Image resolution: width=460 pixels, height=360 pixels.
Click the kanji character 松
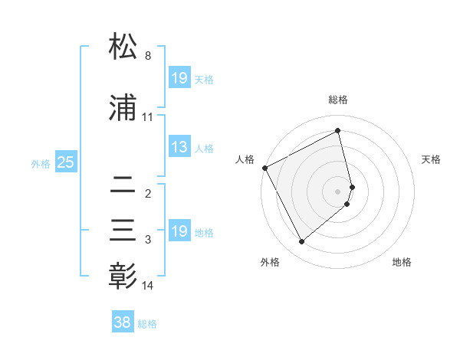pyautogui.click(x=123, y=47)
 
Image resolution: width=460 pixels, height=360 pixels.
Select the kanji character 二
pyautogui.click(x=123, y=185)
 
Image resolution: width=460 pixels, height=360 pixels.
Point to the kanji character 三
pyautogui.click(x=123, y=231)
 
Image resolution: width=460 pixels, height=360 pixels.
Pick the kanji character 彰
pyautogui.click(x=123, y=276)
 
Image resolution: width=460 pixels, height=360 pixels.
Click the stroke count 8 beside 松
pyautogui.click(x=148, y=56)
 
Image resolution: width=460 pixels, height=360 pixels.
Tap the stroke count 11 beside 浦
pyautogui.click(x=148, y=117)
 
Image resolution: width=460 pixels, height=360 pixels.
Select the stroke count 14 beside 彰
pyautogui.click(x=148, y=286)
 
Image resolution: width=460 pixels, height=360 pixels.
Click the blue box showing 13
pyautogui.click(x=179, y=148)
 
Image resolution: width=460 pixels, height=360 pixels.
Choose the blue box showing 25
pyautogui.click(x=66, y=162)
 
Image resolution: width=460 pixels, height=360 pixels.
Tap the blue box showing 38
pyautogui.click(x=123, y=323)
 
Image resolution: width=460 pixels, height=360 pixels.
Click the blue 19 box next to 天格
pyautogui.click(x=179, y=78)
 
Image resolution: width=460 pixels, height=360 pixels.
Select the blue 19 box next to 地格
pyautogui.click(x=179, y=231)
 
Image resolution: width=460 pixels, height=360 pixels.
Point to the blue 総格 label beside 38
pyautogui.click(x=147, y=324)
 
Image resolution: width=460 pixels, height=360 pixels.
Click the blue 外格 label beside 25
pyautogui.click(x=41, y=163)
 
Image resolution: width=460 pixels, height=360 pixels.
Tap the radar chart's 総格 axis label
pyautogui.click(x=338, y=100)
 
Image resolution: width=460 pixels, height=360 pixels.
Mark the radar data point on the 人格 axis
pyautogui.click(x=265, y=168)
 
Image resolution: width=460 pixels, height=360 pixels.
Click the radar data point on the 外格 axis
pyautogui.click(x=301, y=242)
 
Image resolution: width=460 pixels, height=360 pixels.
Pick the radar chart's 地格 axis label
pyautogui.click(x=402, y=262)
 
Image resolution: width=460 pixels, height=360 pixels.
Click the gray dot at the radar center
pyautogui.click(x=338, y=191)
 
